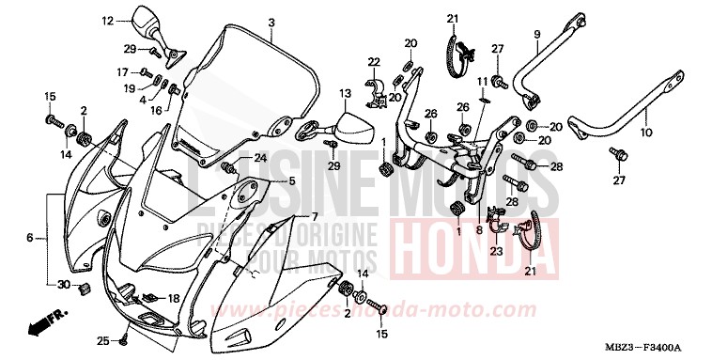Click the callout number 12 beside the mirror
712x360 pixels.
point(107,20)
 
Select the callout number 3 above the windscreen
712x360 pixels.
point(271,23)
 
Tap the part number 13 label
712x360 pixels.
point(345,94)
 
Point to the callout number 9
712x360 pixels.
point(537,35)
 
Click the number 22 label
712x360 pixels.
point(373,62)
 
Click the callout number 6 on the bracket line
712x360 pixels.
point(30,239)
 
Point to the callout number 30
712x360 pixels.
point(64,285)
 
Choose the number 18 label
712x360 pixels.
point(173,298)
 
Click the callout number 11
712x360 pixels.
point(480,81)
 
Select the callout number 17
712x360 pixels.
point(122,71)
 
